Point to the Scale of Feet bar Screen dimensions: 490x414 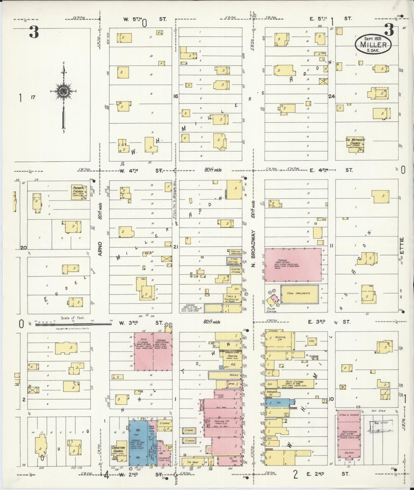pyautogui.click(x=73, y=324)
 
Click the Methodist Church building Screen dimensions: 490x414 pyautogui.click(x=355, y=145)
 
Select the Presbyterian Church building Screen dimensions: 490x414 pyautogui.click(x=81, y=192)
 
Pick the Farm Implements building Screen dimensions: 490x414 pyautogui.click(x=299, y=294)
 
